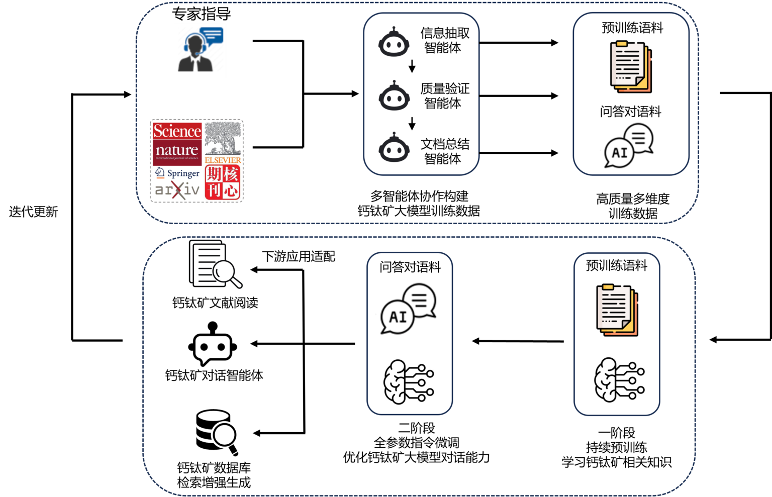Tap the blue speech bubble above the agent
212,35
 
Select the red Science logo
177,131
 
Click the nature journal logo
177,151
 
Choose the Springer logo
177,173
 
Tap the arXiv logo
177,190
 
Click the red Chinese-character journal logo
223,182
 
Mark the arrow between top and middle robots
412,66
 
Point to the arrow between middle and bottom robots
412,123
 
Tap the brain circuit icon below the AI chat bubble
409,382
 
